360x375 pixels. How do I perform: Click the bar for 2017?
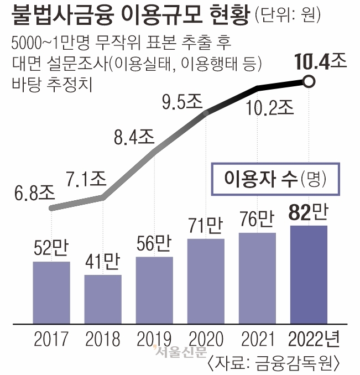tap(51, 291)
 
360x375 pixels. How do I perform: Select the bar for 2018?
tap(103, 298)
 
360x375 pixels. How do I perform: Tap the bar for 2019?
tap(154, 289)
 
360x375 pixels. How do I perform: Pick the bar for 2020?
tap(206, 280)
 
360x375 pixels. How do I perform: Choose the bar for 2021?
tap(257, 277)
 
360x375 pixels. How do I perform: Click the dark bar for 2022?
tap(309, 273)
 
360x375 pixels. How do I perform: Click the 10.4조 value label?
tap(321, 61)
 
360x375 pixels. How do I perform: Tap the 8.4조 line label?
tap(134, 136)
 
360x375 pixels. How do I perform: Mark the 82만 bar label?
tap(309, 212)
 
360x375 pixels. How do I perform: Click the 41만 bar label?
tap(103, 262)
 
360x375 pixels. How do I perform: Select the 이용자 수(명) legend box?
tap(275, 178)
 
